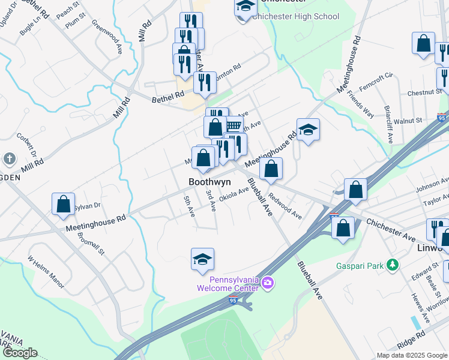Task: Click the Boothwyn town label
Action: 209,182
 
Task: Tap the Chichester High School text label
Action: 296,17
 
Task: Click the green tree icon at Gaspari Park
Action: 393,264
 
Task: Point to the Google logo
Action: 19,353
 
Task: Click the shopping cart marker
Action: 233,126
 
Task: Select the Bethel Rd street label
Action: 167,96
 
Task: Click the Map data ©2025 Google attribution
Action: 412,355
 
